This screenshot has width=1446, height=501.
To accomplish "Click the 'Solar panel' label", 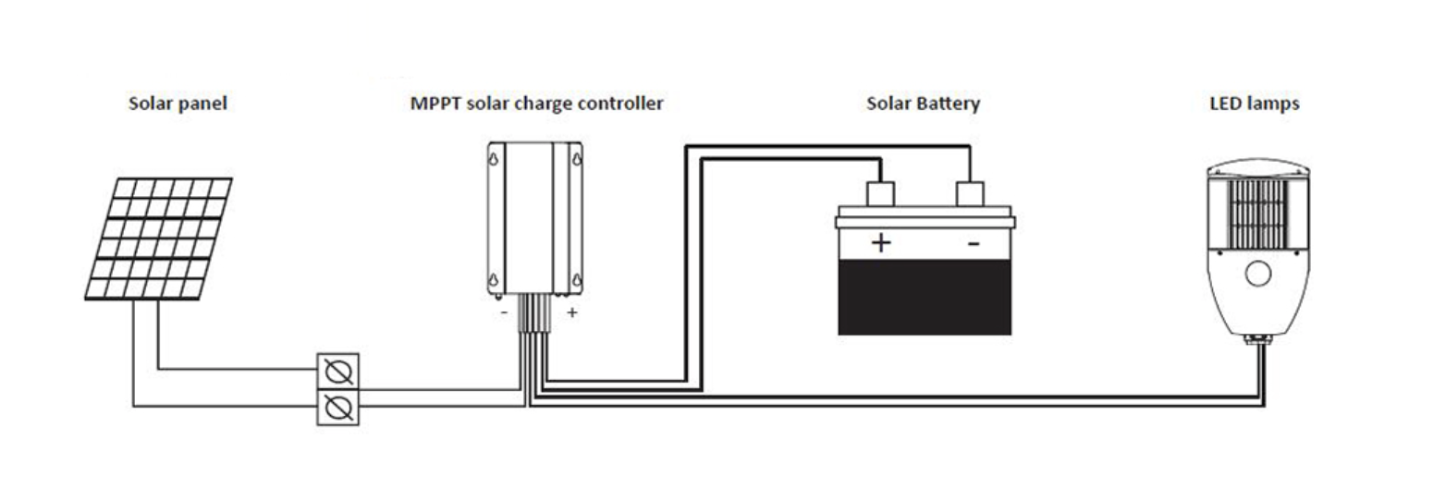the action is coord(178,104).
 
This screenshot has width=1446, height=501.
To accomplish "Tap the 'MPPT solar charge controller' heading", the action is coord(536,104).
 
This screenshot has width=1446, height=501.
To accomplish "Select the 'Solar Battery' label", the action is coord(923,104).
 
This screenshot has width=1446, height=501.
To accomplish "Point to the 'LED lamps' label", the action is coord(1255,104).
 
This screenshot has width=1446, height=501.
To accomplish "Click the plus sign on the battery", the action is coord(881,243).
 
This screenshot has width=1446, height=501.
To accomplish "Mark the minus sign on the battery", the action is coord(974,243).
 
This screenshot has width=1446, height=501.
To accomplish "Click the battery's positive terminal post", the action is coord(880,194).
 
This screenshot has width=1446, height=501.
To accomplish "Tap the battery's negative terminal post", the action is coord(970,194).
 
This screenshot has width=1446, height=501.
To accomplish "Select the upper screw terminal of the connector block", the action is coord(338,372).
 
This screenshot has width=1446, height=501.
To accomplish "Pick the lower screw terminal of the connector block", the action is coord(338,408).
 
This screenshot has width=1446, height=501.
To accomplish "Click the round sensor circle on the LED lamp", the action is coord(1258,274).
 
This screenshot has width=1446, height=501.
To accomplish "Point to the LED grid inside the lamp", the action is coord(1258,214).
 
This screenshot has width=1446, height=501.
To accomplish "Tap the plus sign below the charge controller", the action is coord(572,312).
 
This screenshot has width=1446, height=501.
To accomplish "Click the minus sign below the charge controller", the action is coord(504,313).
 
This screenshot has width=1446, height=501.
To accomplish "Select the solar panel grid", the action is coord(159,238).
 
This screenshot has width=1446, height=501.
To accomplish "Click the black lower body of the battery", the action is coord(925,298).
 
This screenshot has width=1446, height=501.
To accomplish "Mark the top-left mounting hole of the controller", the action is coord(494,157).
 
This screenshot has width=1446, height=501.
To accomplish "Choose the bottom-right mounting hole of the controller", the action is coord(577,280).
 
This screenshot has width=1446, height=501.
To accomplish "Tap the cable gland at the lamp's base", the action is coord(1258,339).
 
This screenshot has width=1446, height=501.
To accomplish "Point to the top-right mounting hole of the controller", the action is coord(577,157).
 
